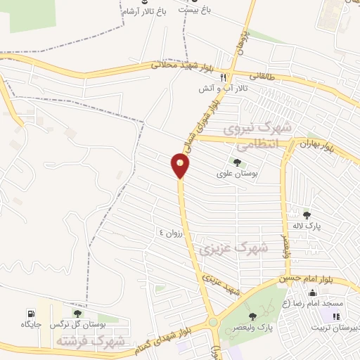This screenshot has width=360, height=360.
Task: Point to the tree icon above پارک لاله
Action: click(306, 214)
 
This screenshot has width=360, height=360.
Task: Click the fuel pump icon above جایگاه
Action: click(30, 314)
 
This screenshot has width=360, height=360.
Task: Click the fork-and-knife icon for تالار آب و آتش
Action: click(223, 77)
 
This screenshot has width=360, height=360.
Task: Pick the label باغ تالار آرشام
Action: click(144, 12)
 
